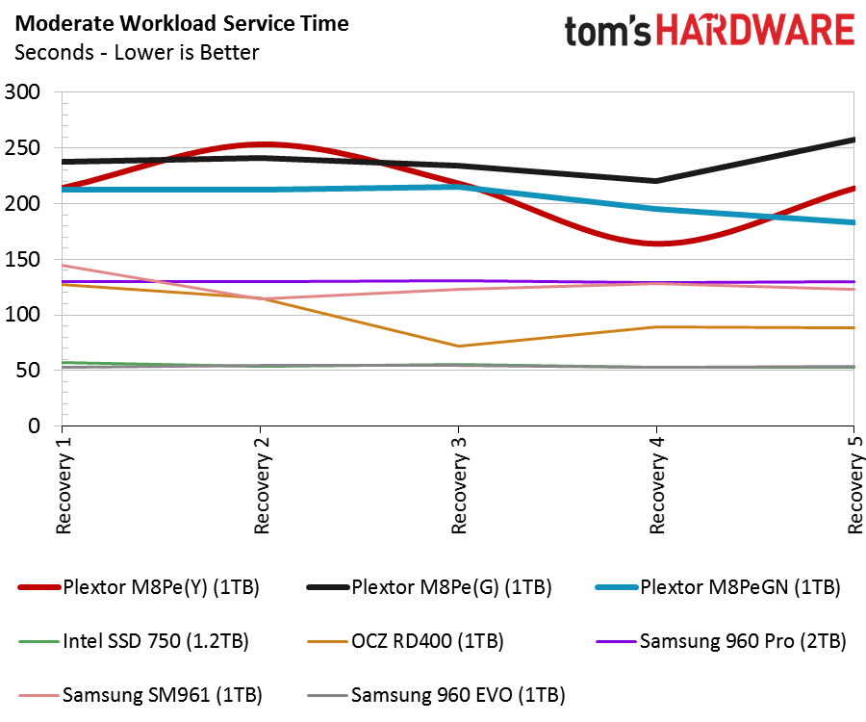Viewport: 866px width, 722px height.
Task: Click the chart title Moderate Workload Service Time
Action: click(x=182, y=24)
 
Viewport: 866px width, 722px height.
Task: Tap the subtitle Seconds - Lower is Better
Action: click(x=137, y=53)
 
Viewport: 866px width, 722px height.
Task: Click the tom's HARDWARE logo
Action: click(x=710, y=31)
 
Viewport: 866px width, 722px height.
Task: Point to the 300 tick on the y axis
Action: click(x=23, y=91)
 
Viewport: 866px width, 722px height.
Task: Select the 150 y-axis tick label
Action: click(x=23, y=259)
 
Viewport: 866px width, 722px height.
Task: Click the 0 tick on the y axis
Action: click(x=35, y=425)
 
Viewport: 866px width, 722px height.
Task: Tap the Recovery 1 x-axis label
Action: click(x=64, y=485)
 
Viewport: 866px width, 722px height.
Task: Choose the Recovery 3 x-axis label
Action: click(x=459, y=485)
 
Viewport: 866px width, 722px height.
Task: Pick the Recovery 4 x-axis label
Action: click(x=656, y=485)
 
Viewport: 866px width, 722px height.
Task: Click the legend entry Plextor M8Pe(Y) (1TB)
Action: click(x=139, y=587)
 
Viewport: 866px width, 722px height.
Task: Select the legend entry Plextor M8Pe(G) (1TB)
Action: click(x=429, y=587)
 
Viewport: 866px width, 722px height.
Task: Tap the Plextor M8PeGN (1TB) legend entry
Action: click(x=718, y=587)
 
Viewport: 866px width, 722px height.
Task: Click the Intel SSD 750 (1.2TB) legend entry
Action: click(x=134, y=641)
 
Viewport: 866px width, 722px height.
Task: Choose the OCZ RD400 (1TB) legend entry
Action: click(x=405, y=641)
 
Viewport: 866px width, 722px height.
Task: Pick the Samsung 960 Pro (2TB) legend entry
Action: click(x=721, y=641)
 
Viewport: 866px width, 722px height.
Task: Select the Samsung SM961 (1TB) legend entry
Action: click(x=140, y=695)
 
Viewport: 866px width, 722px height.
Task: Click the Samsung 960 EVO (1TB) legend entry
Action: click(x=436, y=695)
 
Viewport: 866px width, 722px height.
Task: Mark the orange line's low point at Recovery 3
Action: click(x=458, y=347)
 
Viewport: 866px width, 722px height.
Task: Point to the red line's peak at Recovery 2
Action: click(x=261, y=144)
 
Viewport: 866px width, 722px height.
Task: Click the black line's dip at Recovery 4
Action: click(x=656, y=181)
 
